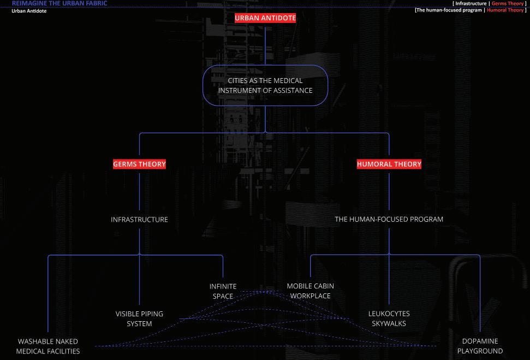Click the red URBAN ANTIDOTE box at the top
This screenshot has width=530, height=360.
[x=265, y=18]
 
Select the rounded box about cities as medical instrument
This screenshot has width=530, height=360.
[x=265, y=85]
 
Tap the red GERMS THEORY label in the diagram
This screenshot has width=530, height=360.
[x=139, y=164]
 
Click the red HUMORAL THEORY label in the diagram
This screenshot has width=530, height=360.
[x=389, y=164]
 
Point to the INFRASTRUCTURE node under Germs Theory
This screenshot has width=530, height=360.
[x=139, y=220]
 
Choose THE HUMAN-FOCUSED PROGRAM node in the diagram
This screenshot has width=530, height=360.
[x=389, y=219]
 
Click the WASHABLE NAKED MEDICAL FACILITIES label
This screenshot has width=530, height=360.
[x=48, y=346]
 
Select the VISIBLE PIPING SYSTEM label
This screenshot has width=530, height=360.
[x=139, y=319]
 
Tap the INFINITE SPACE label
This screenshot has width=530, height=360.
[x=223, y=291]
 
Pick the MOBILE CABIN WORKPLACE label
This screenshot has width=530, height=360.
[x=310, y=291]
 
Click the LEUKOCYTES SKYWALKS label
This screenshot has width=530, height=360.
[x=389, y=318]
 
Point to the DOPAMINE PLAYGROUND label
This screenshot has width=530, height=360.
[x=480, y=346]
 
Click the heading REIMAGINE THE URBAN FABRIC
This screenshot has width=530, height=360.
[x=59, y=3]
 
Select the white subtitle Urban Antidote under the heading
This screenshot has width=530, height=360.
[x=29, y=11]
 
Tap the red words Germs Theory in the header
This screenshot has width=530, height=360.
[x=507, y=4]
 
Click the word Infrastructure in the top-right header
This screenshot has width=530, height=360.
[x=471, y=4]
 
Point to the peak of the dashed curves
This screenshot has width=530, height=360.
[x=266, y=291]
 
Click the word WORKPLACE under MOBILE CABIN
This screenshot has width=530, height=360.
[x=310, y=296]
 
